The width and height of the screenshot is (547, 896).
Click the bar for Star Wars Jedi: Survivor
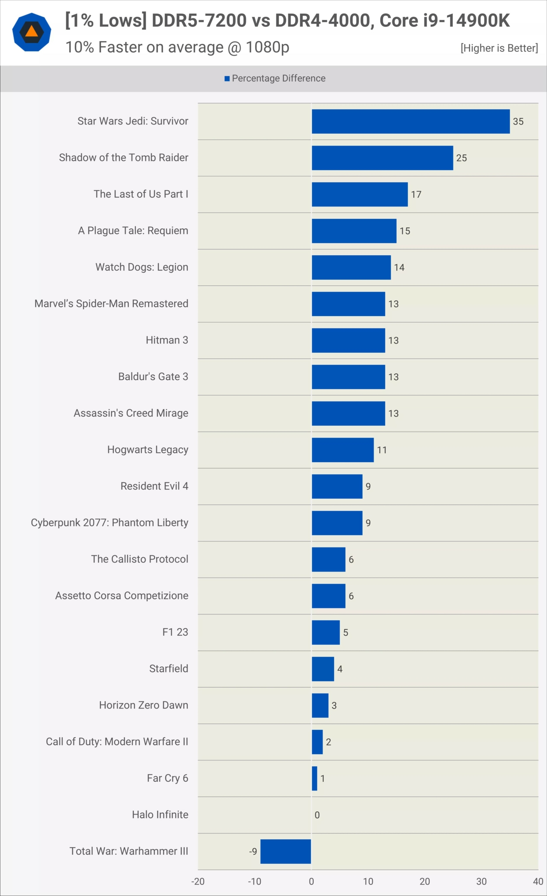pos(411,121)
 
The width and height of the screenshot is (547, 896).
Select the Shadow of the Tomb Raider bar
pos(382,158)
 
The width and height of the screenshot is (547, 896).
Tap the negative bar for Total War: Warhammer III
pos(286,851)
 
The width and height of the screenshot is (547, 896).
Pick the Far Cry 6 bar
pos(315,778)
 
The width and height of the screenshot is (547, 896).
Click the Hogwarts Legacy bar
pos(343,450)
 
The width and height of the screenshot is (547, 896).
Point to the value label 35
pos(518,121)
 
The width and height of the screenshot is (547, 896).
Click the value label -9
pos(253,851)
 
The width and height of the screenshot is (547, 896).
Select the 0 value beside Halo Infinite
pos(317,815)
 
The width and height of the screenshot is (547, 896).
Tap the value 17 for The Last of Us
pos(416,195)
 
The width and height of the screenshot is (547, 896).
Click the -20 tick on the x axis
pos(198,881)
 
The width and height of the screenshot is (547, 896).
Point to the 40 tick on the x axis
pos(538,881)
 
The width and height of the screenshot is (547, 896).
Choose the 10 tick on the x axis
pos(368,881)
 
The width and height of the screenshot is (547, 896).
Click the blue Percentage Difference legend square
pos(227,78)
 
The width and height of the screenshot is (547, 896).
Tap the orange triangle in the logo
pos(31,31)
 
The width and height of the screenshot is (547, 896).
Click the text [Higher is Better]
pos(499,48)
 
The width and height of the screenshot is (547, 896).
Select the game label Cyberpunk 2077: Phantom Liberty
pos(110,523)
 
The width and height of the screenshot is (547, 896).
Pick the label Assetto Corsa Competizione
pos(121,596)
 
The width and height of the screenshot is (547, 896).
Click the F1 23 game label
pos(175,632)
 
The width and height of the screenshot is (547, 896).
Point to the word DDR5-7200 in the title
pos(199,20)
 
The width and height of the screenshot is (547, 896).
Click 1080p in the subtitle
pos(267,47)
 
